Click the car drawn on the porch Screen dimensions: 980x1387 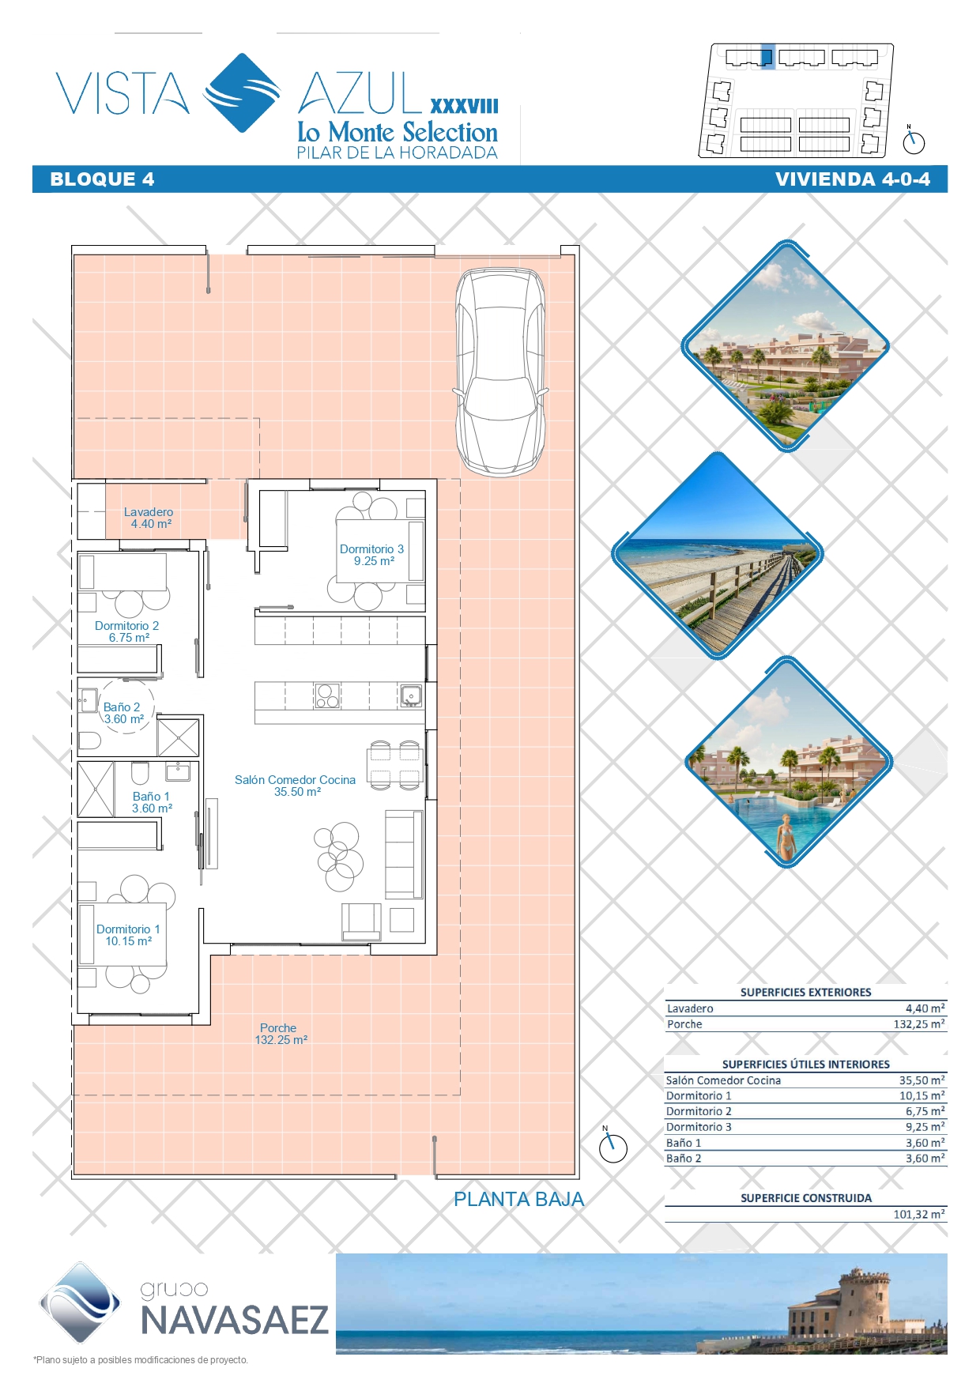499,372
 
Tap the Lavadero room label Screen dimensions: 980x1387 149,518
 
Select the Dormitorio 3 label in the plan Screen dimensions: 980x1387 372,555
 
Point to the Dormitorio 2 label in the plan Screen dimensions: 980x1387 127,631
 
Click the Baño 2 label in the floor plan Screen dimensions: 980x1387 122,713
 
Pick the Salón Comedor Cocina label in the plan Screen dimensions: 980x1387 296,786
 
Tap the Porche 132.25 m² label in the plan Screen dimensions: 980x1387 281,1034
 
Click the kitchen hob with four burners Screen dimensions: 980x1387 327,695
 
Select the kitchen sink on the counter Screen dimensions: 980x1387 411,695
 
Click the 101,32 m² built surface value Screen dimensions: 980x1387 919,1214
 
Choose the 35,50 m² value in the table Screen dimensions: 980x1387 922,1080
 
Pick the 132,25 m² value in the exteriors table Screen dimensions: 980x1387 919,1024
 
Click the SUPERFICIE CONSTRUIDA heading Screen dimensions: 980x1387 806,1198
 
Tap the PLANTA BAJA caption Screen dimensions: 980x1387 519,1200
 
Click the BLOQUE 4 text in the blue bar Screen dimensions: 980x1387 102,179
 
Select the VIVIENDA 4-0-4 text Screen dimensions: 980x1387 853,179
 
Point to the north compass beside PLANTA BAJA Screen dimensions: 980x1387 612,1147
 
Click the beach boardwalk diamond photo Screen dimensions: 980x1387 718,555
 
